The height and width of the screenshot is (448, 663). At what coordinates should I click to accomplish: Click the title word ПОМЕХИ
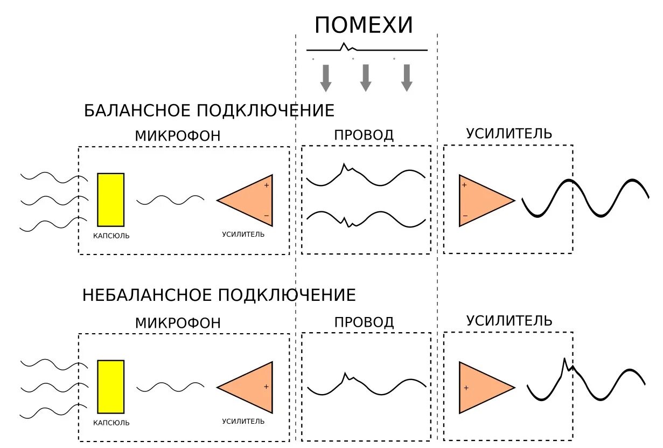[x=364, y=25]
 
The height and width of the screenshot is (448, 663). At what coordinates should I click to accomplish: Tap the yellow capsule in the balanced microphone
[x=110, y=199]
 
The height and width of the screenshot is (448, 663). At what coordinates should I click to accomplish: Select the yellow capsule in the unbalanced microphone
[x=110, y=387]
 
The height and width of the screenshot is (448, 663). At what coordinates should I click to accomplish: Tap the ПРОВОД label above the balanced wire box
[x=364, y=135]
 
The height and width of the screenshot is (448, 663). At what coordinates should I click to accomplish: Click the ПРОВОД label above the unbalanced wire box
[x=364, y=322]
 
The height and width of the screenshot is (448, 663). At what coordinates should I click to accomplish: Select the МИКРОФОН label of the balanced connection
[x=178, y=136]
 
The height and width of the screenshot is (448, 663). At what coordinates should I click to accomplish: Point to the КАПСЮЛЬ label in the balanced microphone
[x=111, y=236]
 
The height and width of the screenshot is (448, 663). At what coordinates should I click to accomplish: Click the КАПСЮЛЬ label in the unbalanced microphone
[x=111, y=423]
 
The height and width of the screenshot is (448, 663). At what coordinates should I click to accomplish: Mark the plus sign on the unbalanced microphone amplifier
[x=266, y=387]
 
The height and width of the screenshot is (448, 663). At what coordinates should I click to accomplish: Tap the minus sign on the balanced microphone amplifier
[x=266, y=216]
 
